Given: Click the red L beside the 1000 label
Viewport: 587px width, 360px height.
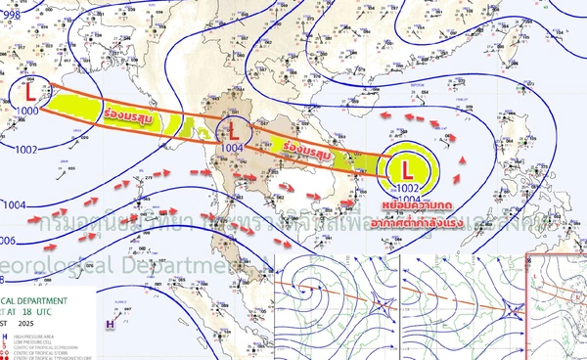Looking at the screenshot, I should tap(31, 93).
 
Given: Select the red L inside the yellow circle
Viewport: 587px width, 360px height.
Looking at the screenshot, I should tap(408, 158).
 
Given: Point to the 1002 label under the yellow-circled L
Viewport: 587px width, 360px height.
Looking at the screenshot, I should tap(408, 186).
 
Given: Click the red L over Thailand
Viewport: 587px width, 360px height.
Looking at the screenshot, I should tap(234, 127).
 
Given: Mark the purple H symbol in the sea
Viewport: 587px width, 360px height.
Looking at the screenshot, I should tap(110, 320).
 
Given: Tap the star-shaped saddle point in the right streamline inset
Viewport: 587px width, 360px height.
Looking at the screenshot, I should tap(514, 309).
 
